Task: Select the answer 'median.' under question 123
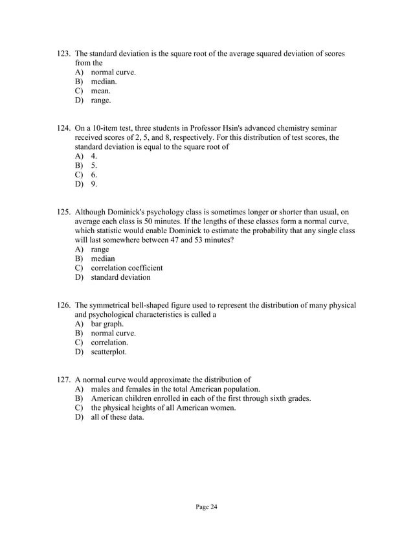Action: (104, 82)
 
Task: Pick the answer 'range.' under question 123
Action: (101, 100)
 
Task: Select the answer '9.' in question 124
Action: (95, 185)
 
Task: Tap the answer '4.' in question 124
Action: (95, 156)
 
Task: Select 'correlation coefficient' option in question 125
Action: (127, 267)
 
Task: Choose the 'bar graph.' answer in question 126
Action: (107, 324)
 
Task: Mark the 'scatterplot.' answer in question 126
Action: (109, 352)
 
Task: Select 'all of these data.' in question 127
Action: (118, 417)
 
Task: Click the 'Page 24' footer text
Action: (206, 507)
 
